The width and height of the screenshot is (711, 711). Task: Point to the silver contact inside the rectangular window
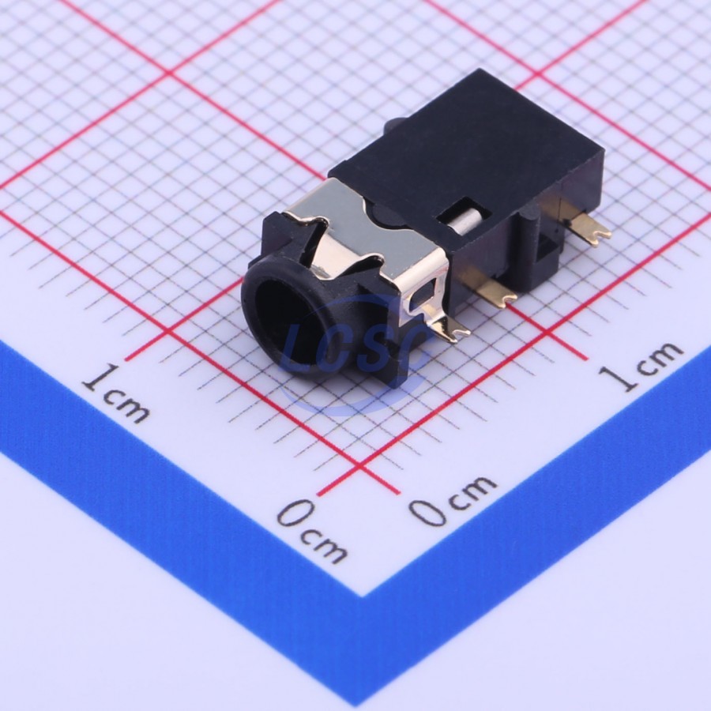point(468,221)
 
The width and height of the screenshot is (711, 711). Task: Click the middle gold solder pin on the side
point(495,290)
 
